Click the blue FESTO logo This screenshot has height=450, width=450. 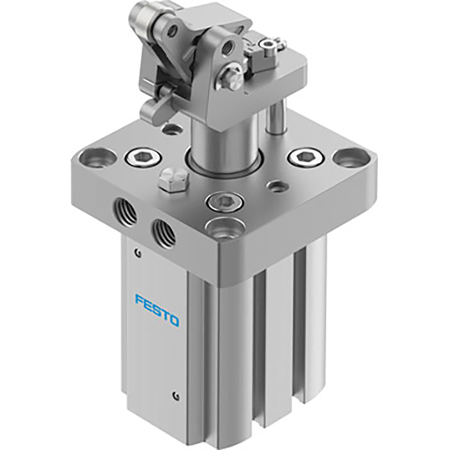tap(157, 309)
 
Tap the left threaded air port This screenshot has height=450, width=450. tap(123, 210)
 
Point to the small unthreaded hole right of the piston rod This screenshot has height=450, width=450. tap(277, 186)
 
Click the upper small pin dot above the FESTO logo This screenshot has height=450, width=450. tap(136, 253)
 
